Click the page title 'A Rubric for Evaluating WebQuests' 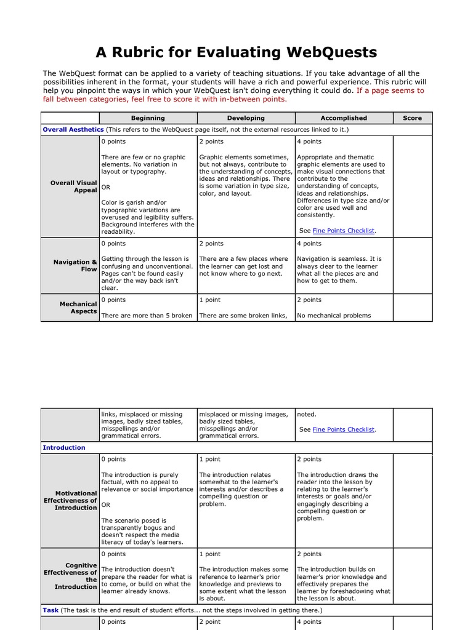(x=236, y=52)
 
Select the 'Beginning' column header (x=148, y=118)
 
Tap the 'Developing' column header (x=246, y=118)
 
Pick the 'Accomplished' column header (x=344, y=118)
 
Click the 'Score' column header (x=412, y=118)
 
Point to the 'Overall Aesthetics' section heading (x=73, y=130)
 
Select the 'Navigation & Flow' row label (x=75, y=266)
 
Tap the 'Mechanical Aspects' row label (x=78, y=308)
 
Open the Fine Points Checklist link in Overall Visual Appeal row (x=343, y=231)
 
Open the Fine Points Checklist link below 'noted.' (x=343, y=430)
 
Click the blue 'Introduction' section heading (x=64, y=447)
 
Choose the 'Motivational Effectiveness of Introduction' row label (x=70, y=501)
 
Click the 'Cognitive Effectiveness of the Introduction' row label (x=70, y=576)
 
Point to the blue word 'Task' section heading (x=51, y=610)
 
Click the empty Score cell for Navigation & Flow (x=412, y=266)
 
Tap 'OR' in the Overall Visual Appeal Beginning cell (x=106, y=187)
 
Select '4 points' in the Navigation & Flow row (x=309, y=244)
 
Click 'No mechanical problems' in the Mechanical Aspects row (x=334, y=316)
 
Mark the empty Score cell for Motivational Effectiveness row (x=412, y=501)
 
